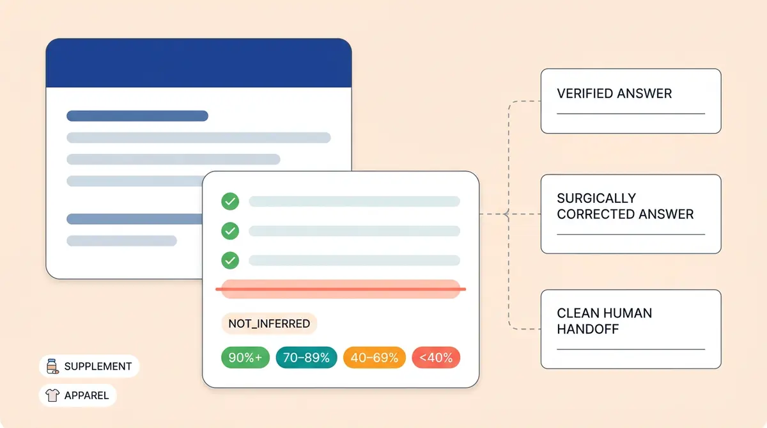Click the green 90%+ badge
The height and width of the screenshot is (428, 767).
point(245,358)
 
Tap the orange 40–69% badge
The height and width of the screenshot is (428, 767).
point(374,358)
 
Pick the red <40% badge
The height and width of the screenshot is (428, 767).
point(436,358)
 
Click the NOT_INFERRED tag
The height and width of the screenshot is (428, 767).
point(269,324)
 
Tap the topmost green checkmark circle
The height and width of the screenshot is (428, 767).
point(230,202)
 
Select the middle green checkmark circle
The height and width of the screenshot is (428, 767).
point(230,230)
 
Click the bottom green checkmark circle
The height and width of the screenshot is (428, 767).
point(230,260)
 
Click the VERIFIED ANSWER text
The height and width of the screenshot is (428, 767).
point(614,93)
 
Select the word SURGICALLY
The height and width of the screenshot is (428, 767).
point(596,198)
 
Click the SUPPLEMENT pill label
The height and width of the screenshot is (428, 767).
point(98,367)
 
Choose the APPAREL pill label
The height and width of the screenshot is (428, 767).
point(86,395)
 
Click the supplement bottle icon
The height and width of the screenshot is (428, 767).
point(52,367)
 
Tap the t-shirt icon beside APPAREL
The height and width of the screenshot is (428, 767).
point(52,395)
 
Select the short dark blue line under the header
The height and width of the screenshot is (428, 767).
point(137,116)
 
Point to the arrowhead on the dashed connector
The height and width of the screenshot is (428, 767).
point(505,214)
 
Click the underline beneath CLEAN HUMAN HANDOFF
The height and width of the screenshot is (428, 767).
point(630,349)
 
